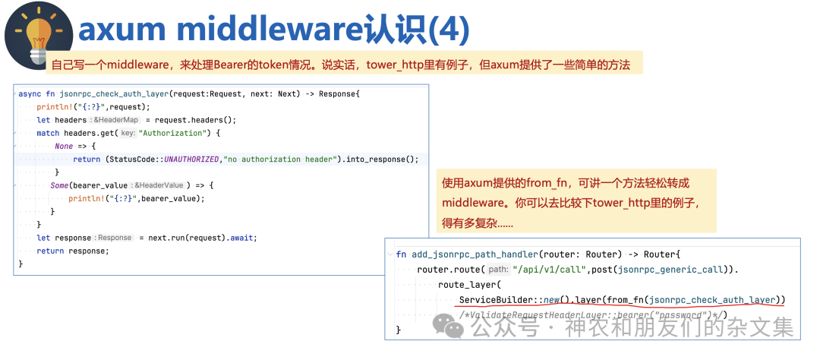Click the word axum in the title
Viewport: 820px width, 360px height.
click(122, 30)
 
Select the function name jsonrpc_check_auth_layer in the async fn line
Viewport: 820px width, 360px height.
click(114, 93)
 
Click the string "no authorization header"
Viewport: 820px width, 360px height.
click(280, 159)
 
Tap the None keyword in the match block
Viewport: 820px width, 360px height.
click(65, 146)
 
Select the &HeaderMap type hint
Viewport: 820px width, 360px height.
click(116, 120)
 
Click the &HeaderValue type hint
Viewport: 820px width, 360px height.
click(159, 185)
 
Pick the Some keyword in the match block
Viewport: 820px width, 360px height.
click(59, 185)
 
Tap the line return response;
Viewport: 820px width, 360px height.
click(72, 251)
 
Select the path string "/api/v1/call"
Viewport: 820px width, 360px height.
click(549, 269)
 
